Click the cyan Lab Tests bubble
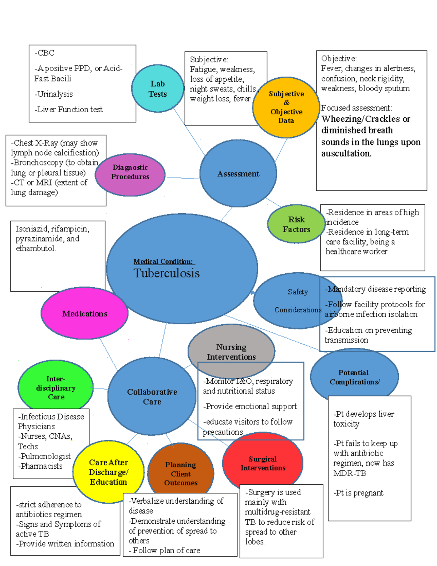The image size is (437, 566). tap(157, 89)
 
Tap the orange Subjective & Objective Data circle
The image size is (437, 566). tap(286, 107)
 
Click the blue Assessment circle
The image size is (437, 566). tap(238, 174)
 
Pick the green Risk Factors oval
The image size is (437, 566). tap(296, 224)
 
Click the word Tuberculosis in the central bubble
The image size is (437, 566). tap(166, 273)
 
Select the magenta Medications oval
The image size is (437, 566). tap(84, 314)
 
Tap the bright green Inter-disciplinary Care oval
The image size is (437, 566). tap(56, 387)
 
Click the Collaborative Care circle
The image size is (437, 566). tap(152, 397)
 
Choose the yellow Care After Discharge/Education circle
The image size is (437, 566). tap(108, 472)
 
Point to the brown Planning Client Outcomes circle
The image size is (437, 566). tap(181, 473)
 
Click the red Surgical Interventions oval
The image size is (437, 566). tap(263, 463)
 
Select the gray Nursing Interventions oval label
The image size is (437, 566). tap(231, 352)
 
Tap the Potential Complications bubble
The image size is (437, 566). tap(354, 377)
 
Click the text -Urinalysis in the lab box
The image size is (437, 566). tap(54, 94)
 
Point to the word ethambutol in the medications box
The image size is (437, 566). tap(35, 249)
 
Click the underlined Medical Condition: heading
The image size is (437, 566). tap(164, 261)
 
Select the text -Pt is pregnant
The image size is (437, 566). tap(358, 493)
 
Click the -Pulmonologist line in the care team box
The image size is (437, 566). tap(44, 456)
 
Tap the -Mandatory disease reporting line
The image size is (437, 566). tap(375, 289)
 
